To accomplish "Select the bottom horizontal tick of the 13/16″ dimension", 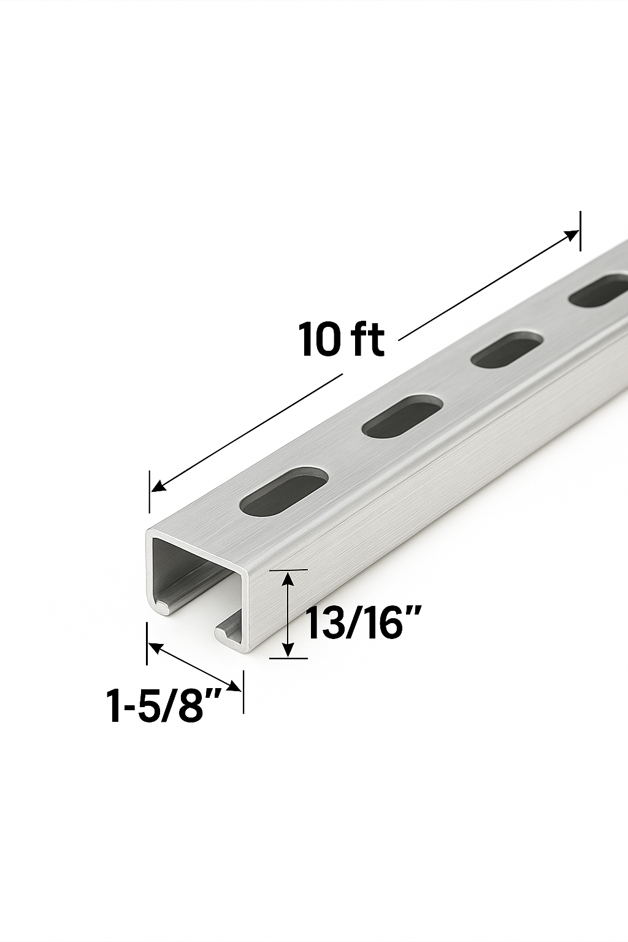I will (x=288, y=659).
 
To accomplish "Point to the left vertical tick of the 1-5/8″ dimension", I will (x=147, y=643).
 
